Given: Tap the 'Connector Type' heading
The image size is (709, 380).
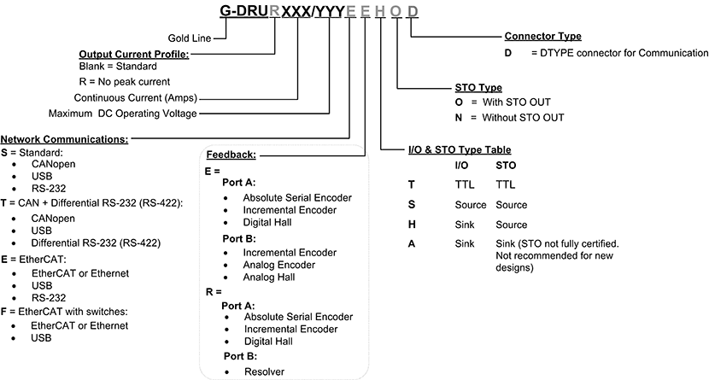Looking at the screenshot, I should tap(543, 37).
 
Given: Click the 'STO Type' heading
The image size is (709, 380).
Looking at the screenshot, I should tap(478, 87).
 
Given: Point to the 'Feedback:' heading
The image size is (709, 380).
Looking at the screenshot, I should tap(231, 155).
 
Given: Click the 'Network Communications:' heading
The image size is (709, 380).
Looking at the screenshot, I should tap(64, 138).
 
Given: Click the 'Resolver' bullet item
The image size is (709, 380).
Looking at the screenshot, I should tap(263, 371).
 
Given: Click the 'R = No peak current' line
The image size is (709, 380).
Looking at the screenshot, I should tap(119, 82).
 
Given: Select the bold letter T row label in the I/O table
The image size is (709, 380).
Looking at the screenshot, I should tap(412, 183).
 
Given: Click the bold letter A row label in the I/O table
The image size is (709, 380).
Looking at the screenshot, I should tap(413, 243).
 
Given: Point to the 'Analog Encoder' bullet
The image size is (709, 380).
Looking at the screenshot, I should tap(279, 266).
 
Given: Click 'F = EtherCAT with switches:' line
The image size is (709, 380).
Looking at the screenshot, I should tap(64, 311).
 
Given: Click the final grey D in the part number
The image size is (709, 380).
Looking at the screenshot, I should tap(413, 12).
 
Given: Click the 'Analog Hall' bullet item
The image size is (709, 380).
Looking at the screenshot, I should tap(271, 278).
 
